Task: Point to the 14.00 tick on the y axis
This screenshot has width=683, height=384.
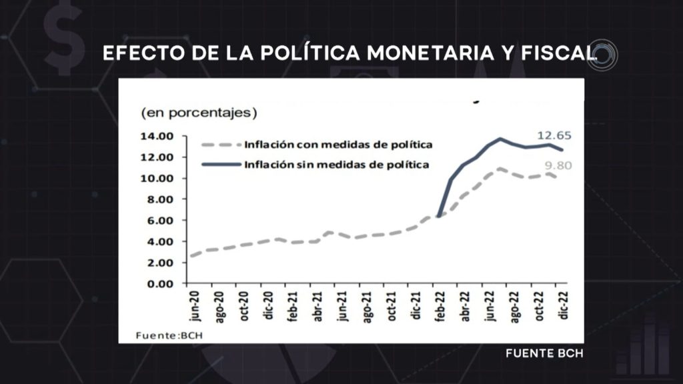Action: click(157, 136)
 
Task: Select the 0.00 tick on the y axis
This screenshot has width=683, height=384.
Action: click(159, 283)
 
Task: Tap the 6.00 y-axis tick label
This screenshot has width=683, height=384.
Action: click(159, 220)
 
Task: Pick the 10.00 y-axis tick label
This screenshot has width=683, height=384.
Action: click(157, 178)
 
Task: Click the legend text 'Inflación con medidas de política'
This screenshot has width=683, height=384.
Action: click(338, 145)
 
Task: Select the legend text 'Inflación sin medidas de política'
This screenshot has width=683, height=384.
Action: click(336, 164)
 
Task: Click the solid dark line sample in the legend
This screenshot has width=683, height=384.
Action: click(221, 164)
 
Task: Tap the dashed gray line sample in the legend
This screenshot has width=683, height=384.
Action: click(221, 145)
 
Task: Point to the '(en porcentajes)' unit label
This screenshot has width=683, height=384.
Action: click(198, 113)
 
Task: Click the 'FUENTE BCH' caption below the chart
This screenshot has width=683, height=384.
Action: click(544, 353)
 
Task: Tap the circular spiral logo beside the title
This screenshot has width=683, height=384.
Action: click(604, 55)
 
